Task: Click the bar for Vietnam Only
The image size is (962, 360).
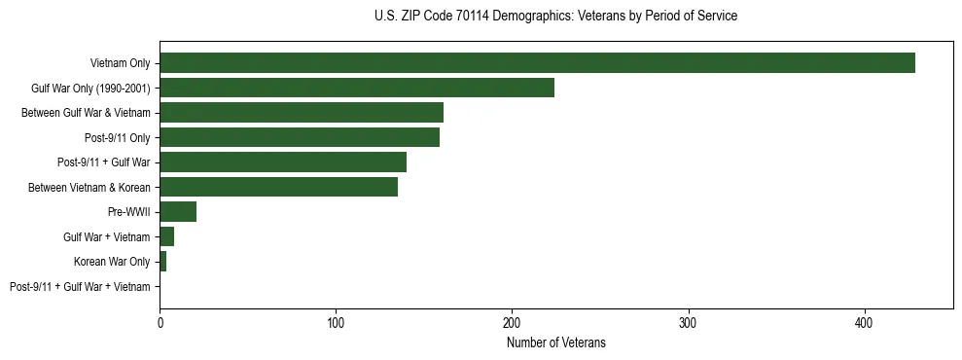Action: click(x=537, y=63)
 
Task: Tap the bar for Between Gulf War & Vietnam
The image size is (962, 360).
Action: click(x=302, y=113)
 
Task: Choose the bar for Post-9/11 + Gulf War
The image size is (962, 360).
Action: click(x=283, y=162)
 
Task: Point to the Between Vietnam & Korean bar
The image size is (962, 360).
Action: click(x=278, y=188)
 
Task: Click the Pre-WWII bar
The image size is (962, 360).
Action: click(x=178, y=212)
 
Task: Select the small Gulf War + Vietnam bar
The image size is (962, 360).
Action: click(x=166, y=237)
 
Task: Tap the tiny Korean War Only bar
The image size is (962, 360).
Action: click(x=162, y=262)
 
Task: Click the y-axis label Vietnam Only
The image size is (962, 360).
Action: click(x=120, y=63)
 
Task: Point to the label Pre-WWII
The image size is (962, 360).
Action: click(x=128, y=212)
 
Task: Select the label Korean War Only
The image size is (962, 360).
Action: click(x=112, y=262)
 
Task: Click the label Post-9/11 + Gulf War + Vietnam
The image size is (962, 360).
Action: click(x=80, y=287)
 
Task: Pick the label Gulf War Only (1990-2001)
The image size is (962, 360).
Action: click(x=90, y=89)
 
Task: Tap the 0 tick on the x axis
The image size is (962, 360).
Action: click(x=160, y=318)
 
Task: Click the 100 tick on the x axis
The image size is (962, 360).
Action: click(x=336, y=318)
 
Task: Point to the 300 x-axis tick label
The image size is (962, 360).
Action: click(x=689, y=318)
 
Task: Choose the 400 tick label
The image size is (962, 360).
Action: click(x=865, y=318)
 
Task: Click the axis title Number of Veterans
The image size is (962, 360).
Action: click(x=555, y=342)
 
